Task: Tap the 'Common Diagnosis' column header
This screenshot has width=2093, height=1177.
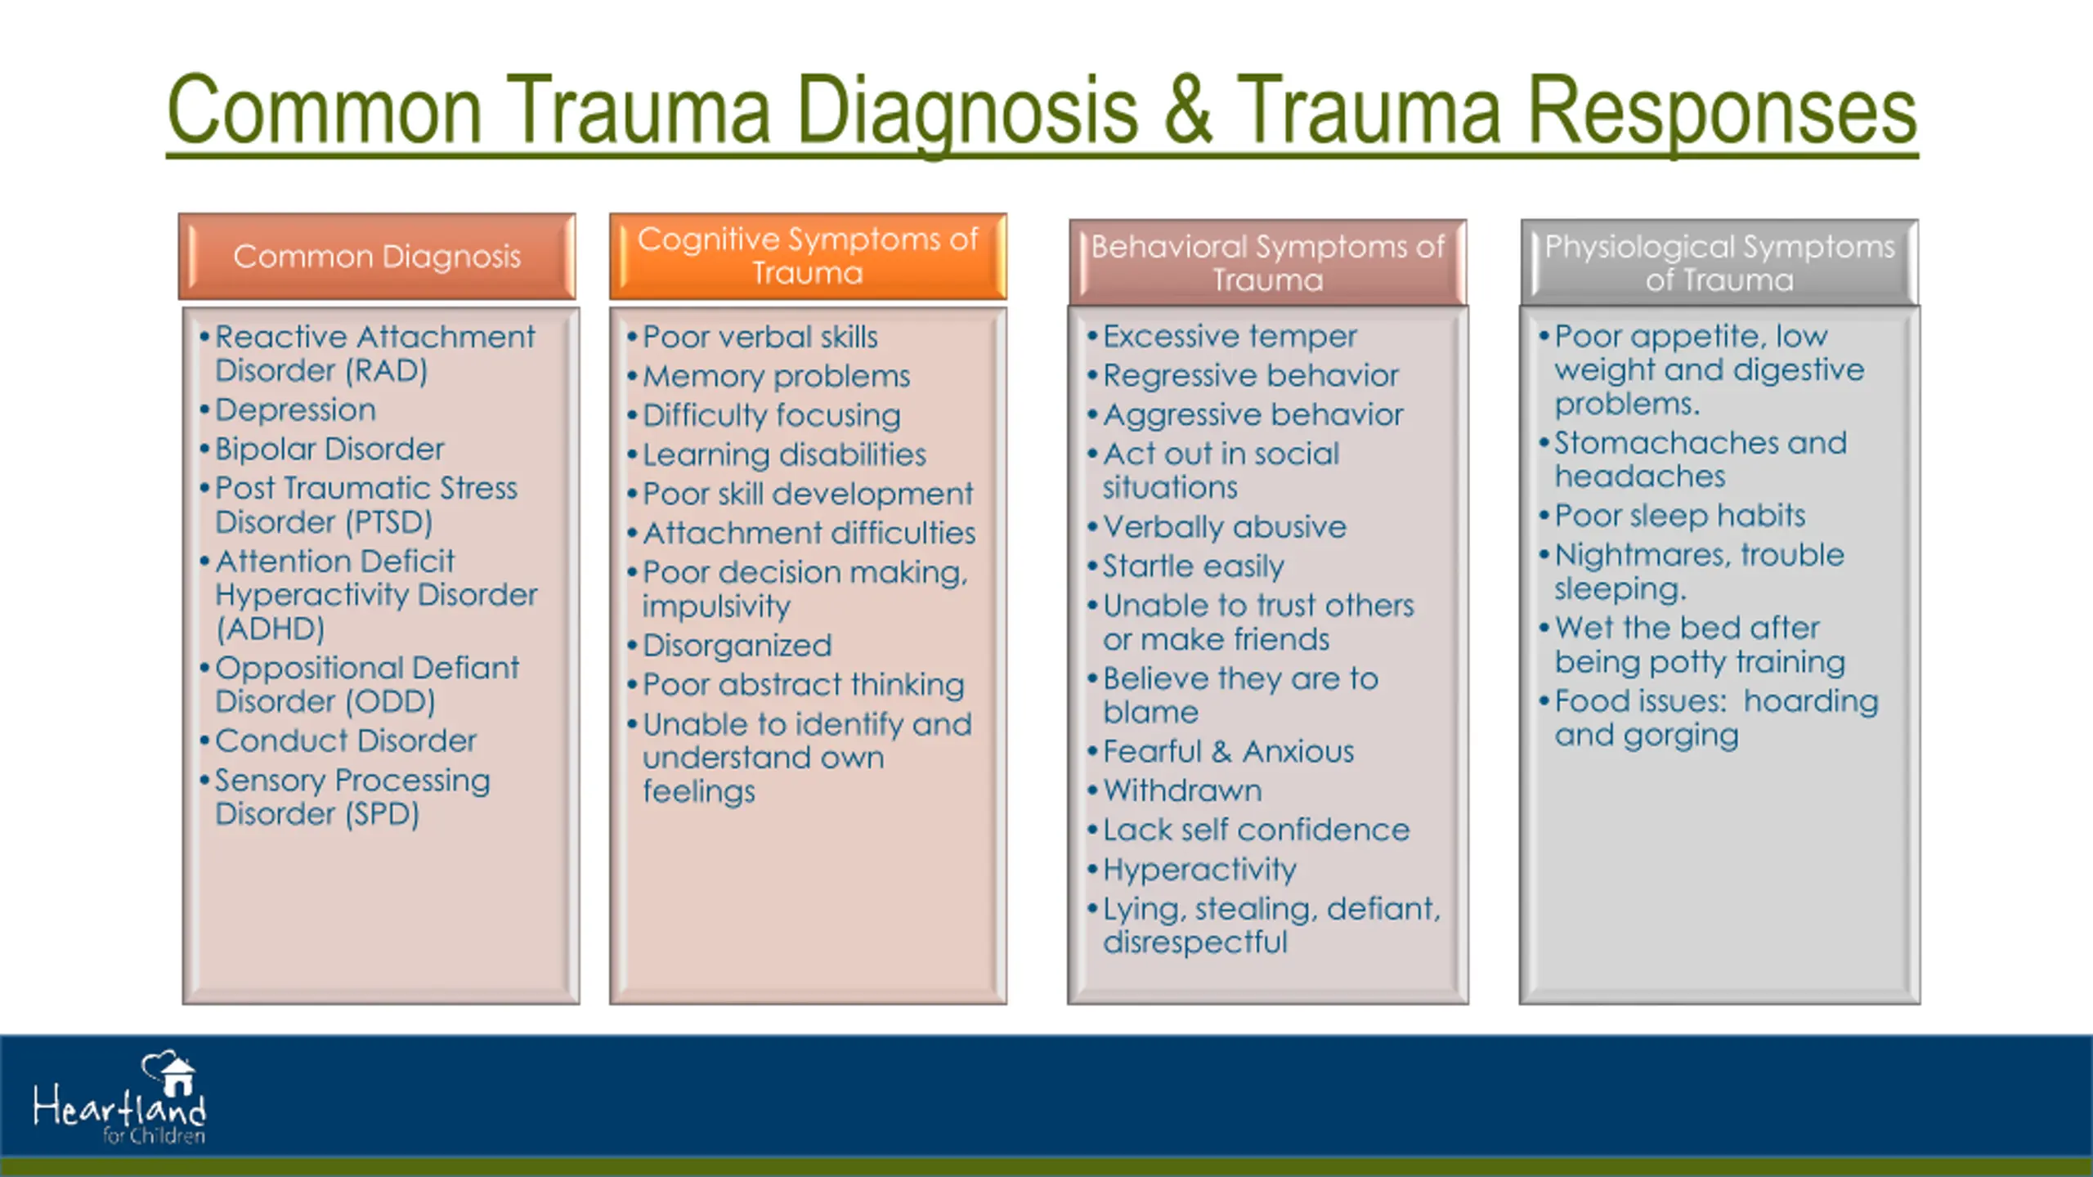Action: pyautogui.click(x=377, y=257)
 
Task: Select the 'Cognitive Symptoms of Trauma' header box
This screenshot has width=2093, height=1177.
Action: pyautogui.click(x=808, y=257)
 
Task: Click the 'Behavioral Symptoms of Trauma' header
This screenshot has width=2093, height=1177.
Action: pyautogui.click(x=1267, y=262)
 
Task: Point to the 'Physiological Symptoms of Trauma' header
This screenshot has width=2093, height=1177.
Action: pyautogui.click(x=1719, y=262)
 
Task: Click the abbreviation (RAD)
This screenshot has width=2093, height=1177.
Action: pyautogui.click(x=386, y=371)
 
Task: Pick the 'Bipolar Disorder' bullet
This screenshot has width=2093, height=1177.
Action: pyautogui.click(x=329, y=449)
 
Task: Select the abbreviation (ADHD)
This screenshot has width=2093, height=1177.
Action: pyautogui.click(x=270, y=629)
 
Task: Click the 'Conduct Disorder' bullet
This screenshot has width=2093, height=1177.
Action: pyautogui.click(x=345, y=741)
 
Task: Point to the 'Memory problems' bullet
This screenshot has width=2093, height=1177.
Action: pyautogui.click(x=776, y=376)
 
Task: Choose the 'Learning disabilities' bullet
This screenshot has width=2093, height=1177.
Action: pyautogui.click(x=784, y=454)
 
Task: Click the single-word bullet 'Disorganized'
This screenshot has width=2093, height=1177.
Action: pyautogui.click(x=737, y=646)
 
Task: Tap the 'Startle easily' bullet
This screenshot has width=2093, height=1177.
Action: pyautogui.click(x=1193, y=566)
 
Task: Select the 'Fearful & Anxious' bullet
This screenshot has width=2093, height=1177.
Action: pyautogui.click(x=1228, y=751)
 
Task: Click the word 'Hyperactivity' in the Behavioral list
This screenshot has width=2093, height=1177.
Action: pyautogui.click(x=1199, y=870)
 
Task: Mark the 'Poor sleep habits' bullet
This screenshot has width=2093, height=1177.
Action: pyautogui.click(x=1679, y=516)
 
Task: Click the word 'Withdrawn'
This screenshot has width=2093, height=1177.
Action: pyautogui.click(x=1182, y=790)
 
